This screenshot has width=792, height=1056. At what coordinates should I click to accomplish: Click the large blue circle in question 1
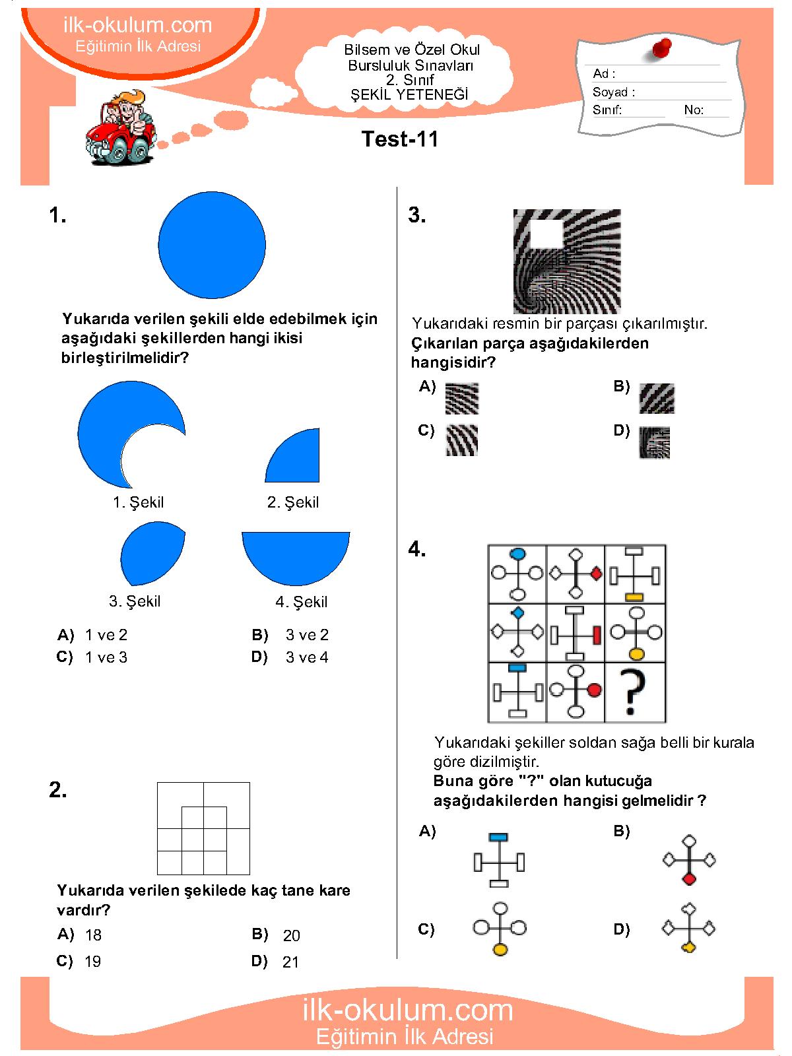click(x=212, y=245)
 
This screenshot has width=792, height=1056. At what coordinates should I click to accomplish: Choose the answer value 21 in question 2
click(x=290, y=962)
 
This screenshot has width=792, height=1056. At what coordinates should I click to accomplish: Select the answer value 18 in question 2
click(x=93, y=935)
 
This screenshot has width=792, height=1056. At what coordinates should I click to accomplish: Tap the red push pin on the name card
click(x=661, y=48)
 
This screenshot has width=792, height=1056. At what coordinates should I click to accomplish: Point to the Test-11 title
click(x=400, y=139)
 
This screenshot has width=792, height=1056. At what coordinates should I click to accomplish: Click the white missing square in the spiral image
click(x=546, y=234)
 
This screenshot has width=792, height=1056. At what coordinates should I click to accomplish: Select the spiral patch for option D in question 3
click(x=654, y=442)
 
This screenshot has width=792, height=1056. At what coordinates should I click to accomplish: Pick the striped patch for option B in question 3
click(x=657, y=399)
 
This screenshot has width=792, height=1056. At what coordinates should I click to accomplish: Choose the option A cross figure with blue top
click(x=499, y=861)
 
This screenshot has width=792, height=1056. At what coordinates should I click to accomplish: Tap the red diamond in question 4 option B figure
click(x=689, y=879)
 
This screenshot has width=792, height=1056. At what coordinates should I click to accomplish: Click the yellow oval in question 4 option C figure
click(x=500, y=950)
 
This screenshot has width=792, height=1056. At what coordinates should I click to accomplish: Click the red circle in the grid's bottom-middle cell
click(x=594, y=690)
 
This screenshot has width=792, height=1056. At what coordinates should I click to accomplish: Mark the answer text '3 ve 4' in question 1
click(x=307, y=657)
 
